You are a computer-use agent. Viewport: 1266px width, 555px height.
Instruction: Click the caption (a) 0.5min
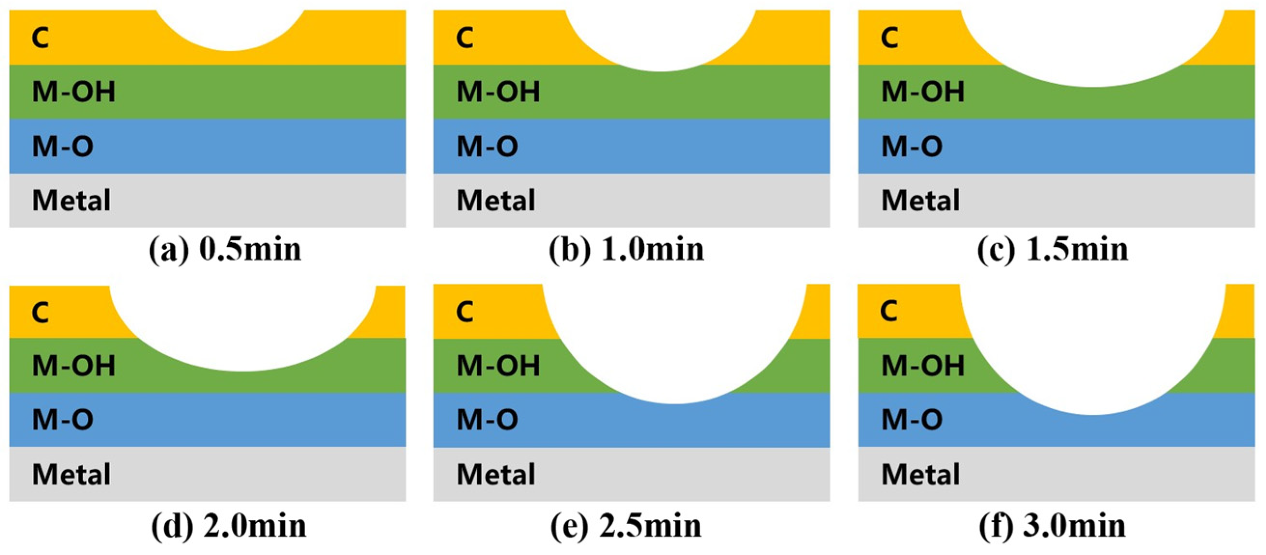point(225,250)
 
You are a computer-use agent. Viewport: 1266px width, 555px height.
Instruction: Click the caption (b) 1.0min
point(627,250)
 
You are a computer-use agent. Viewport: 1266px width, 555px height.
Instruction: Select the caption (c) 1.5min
point(1053,250)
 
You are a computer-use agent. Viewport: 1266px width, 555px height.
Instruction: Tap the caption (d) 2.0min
point(228,526)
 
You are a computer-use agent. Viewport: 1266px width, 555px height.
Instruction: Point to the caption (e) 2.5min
point(626,526)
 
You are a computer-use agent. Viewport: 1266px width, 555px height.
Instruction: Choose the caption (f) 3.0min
point(1052,526)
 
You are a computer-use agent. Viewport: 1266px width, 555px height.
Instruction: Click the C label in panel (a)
point(40,38)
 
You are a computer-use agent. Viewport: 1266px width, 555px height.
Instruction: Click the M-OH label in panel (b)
point(498,92)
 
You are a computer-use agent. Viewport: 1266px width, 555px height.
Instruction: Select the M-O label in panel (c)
point(912,146)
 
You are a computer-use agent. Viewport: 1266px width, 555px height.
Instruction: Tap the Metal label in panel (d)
point(71,474)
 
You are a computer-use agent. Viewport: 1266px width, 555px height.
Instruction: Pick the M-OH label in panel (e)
point(498,366)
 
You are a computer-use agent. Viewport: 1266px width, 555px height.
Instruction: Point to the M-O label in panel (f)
point(912,420)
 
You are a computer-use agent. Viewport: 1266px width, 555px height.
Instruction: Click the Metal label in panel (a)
point(71,200)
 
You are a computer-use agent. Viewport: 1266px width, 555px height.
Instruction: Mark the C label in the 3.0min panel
point(889,311)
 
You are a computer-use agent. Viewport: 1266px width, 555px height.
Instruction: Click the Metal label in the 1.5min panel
point(920,200)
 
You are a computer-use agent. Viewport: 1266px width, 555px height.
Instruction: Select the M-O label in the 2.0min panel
point(62,420)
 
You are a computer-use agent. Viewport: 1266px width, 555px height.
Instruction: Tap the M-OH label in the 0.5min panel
point(74,92)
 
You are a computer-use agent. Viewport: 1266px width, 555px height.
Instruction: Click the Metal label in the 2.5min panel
point(495,474)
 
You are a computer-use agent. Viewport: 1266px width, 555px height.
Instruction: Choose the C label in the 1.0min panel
point(464,38)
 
